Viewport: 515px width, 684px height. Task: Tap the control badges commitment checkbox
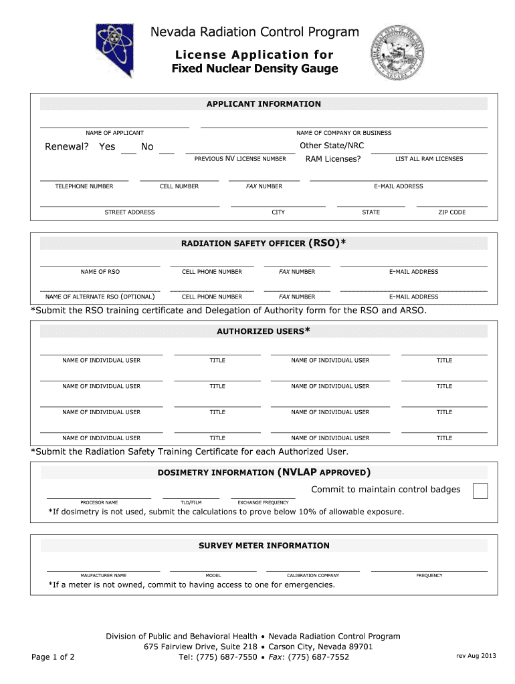480,491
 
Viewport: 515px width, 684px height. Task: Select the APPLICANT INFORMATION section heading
264,104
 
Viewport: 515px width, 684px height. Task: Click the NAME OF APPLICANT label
114,133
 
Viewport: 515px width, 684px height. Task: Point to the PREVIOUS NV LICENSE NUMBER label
240,159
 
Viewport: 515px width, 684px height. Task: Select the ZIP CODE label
452,212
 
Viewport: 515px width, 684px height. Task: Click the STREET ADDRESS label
130,212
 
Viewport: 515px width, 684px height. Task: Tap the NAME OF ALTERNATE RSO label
100,297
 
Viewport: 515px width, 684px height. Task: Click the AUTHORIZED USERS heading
264,331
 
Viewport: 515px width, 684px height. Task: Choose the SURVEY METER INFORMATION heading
264,546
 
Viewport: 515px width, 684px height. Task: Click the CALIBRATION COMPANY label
313,575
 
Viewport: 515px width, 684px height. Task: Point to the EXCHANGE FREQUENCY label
264,502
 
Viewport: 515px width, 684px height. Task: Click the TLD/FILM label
191,502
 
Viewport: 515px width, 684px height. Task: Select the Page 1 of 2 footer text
54,657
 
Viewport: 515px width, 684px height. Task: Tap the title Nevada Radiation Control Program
254,32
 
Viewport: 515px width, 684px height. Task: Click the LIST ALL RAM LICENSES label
429,159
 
